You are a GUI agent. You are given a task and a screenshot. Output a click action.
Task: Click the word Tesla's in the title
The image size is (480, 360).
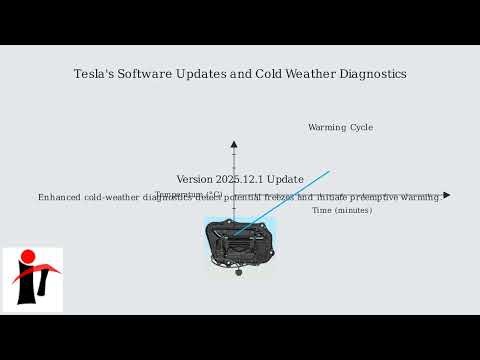coord(91,74)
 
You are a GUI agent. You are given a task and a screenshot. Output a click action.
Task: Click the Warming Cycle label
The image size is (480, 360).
coord(340,127)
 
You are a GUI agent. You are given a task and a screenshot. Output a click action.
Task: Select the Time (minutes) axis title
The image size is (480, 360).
coord(342,210)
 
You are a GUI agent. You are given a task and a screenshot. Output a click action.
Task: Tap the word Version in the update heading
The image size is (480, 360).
coord(195,179)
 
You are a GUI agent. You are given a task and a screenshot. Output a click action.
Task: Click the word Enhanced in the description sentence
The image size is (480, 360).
coord(59,197)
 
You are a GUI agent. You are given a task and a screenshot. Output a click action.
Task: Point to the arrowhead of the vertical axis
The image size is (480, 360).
coord(234,145)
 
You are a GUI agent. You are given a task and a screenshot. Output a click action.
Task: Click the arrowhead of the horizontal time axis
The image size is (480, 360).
coord(446,195)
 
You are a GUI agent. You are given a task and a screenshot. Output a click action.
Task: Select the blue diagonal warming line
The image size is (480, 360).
coord(300,189)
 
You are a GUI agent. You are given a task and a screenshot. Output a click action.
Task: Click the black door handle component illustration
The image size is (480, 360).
coord(240,243)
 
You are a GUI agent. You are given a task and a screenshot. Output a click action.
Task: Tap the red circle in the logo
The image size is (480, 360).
coord(28,256)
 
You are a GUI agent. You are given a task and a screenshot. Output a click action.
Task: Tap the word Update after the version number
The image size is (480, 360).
coord(286,179)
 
